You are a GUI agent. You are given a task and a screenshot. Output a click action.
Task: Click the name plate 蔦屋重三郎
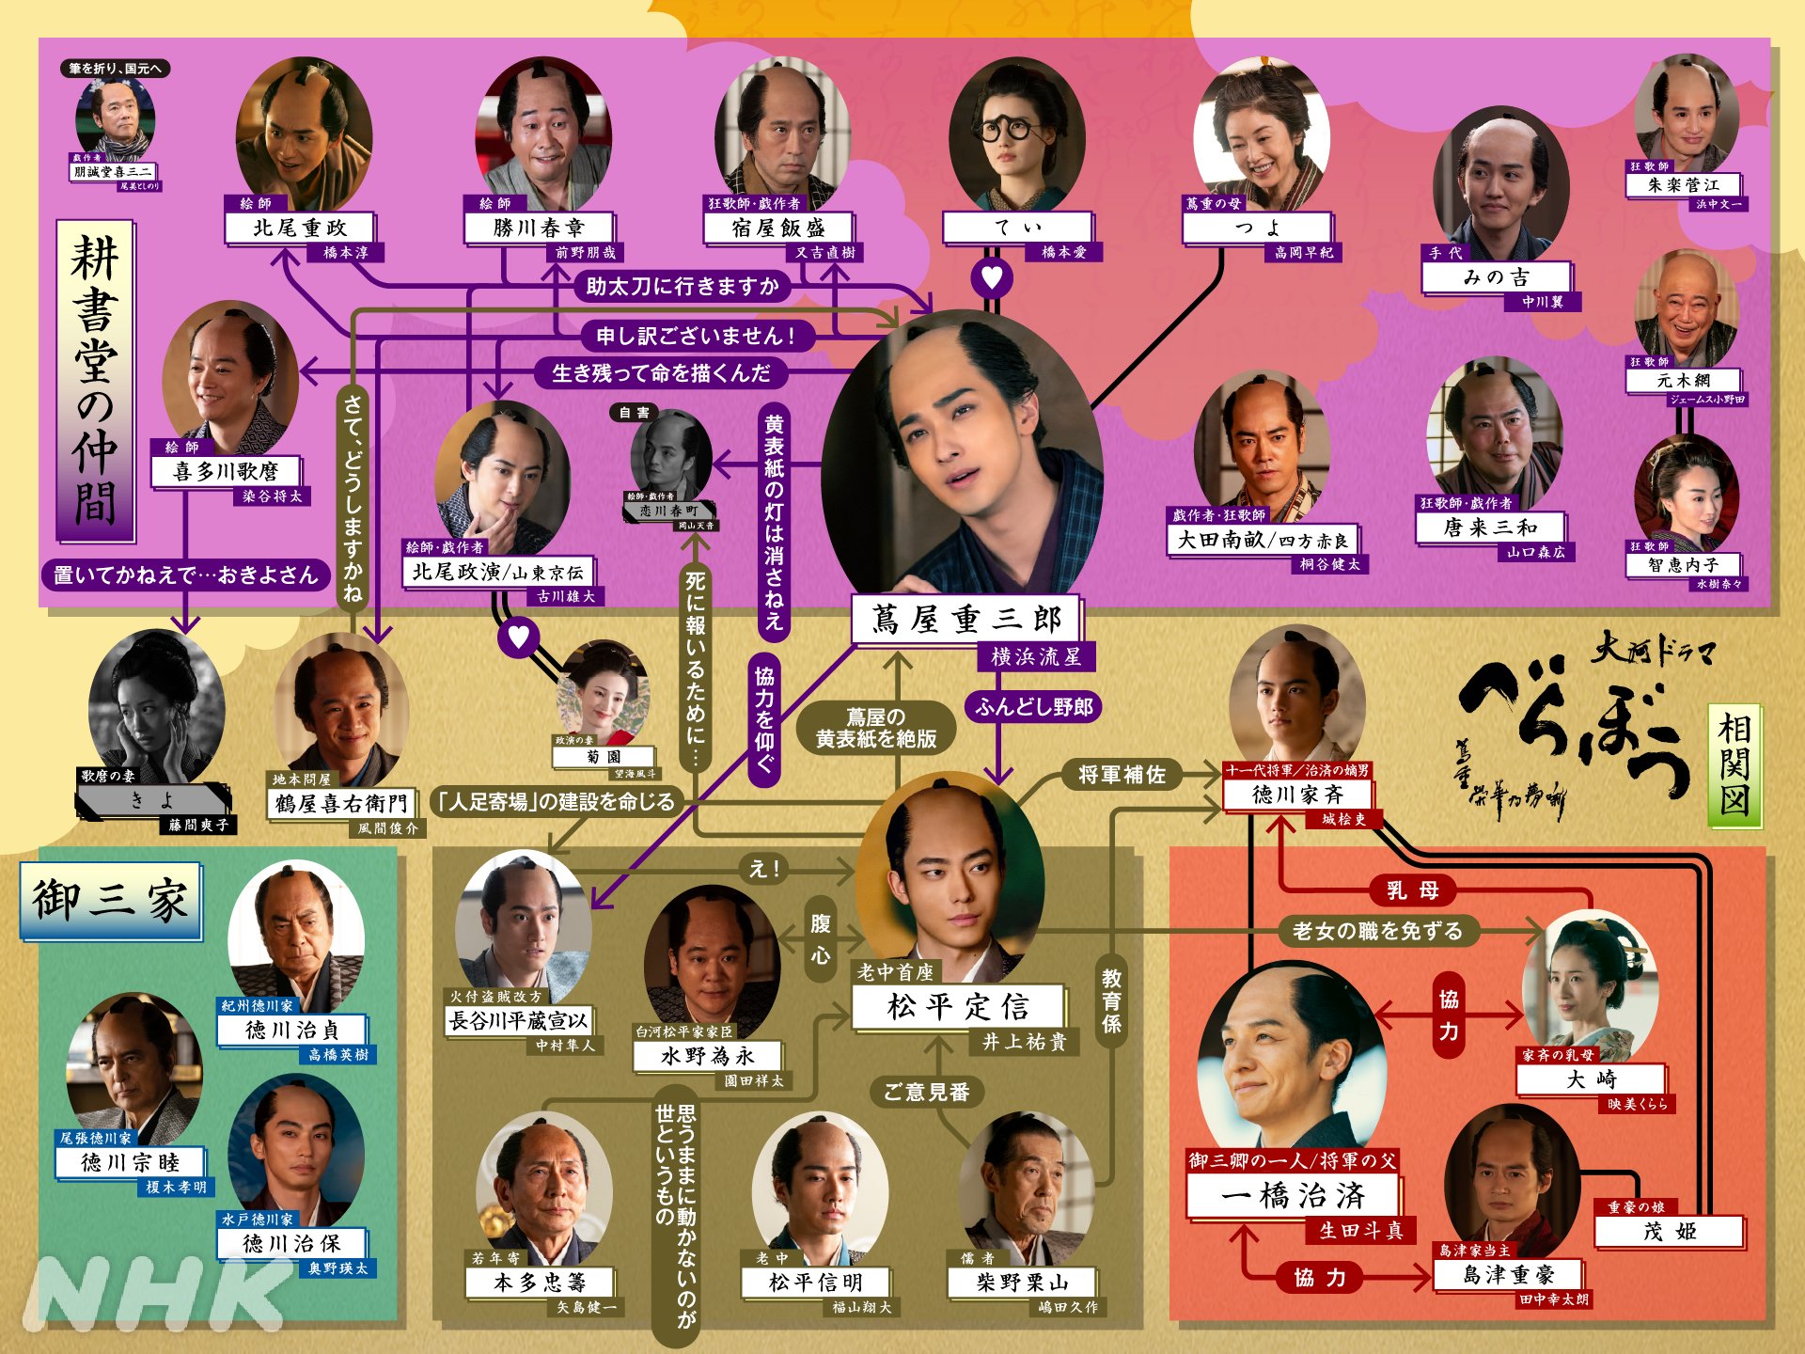[965, 620]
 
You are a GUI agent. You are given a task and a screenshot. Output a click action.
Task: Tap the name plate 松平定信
[958, 1007]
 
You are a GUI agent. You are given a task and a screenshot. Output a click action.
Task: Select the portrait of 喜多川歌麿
[230, 376]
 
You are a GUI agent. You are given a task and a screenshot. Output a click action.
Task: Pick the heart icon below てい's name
[992, 276]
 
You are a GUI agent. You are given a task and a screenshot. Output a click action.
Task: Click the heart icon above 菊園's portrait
[518, 637]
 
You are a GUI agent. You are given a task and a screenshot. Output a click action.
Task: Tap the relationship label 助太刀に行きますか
[683, 286]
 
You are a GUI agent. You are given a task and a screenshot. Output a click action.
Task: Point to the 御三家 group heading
[111, 900]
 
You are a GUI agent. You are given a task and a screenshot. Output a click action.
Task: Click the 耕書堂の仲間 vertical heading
[95, 381]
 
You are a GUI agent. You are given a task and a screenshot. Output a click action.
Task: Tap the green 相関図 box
[1734, 766]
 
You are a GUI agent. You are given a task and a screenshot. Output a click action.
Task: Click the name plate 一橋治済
[1293, 1196]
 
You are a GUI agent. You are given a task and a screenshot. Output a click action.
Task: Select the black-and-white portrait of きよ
[156, 701]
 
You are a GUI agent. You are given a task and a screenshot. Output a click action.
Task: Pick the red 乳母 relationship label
[1412, 890]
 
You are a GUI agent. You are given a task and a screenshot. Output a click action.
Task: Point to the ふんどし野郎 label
[1033, 707]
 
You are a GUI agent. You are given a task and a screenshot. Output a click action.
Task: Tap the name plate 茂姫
[1670, 1232]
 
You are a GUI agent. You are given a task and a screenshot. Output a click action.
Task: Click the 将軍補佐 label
[1122, 775]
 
